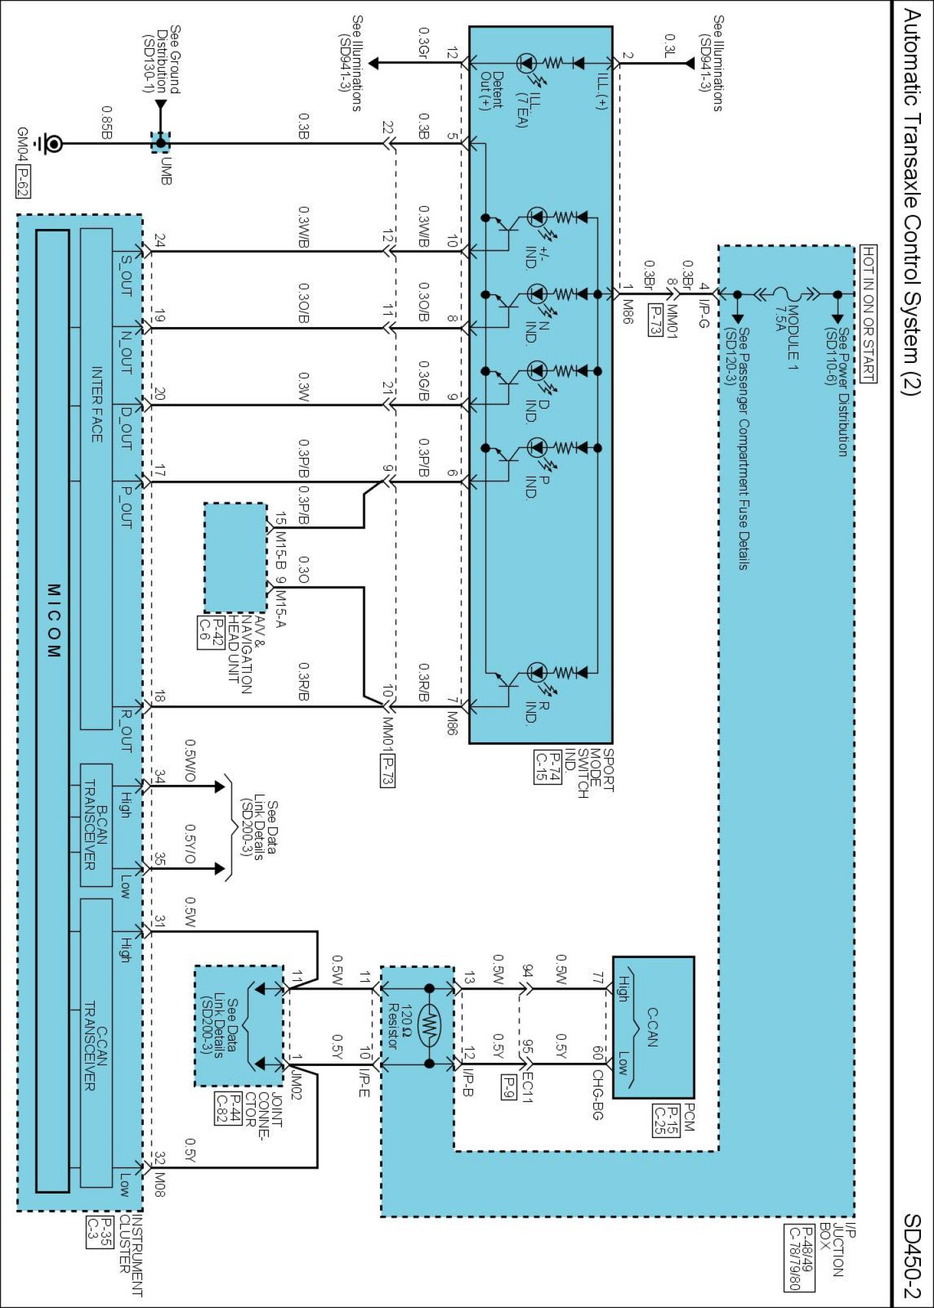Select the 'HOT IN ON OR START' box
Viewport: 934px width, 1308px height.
click(x=868, y=314)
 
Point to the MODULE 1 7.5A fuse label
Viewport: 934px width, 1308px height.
click(x=787, y=333)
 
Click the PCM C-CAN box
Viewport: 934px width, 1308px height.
click(x=653, y=1027)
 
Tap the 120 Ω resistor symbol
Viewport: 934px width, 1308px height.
click(x=429, y=1027)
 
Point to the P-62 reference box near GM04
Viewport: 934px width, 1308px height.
click(x=23, y=182)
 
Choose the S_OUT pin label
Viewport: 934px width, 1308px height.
click(x=126, y=275)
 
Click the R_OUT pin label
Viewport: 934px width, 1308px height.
click(x=126, y=730)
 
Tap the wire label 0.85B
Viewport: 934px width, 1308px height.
click(x=107, y=122)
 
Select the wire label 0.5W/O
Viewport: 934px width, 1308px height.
click(x=190, y=760)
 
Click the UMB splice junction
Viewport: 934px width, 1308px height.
click(x=161, y=143)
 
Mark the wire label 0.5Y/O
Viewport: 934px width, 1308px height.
click(x=190, y=844)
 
